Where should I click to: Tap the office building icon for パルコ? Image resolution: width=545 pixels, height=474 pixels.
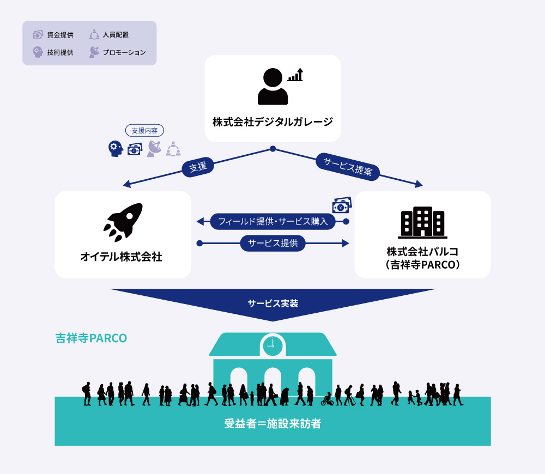pyautogui.click(x=422, y=222)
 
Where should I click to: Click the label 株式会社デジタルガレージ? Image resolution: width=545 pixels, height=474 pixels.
pyautogui.click(x=272, y=121)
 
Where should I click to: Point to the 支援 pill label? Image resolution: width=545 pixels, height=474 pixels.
pyautogui.click(x=198, y=167)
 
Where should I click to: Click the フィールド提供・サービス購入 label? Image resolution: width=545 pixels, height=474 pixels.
pyautogui.click(x=272, y=221)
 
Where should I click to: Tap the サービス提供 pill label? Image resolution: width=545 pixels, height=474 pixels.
pyautogui.click(x=272, y=243)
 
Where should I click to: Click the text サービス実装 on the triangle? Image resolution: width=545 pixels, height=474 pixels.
pyautogui.click(x=272, y=303)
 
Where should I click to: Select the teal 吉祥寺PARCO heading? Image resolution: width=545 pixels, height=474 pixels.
pyautogui.click(x=91, y=338)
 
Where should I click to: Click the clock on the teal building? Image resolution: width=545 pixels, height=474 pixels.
pyautogui.click(x=272, y=345)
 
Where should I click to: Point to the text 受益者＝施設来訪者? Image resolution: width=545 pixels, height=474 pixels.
pyautogui.click(x=272, y=423)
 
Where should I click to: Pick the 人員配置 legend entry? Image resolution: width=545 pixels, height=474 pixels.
pyautogui.click(x=109, y=35)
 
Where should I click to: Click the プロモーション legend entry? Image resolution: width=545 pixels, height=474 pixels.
pyautogui.click(x=117, y=52)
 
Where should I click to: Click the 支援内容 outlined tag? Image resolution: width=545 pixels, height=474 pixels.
pyautogui.click(x=144, y=131)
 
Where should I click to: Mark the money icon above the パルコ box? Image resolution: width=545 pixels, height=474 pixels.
pyautogui.click(x=342, y=205)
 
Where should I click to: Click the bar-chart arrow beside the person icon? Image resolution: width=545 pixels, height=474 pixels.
pyautogui.click(x=295, y=75)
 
